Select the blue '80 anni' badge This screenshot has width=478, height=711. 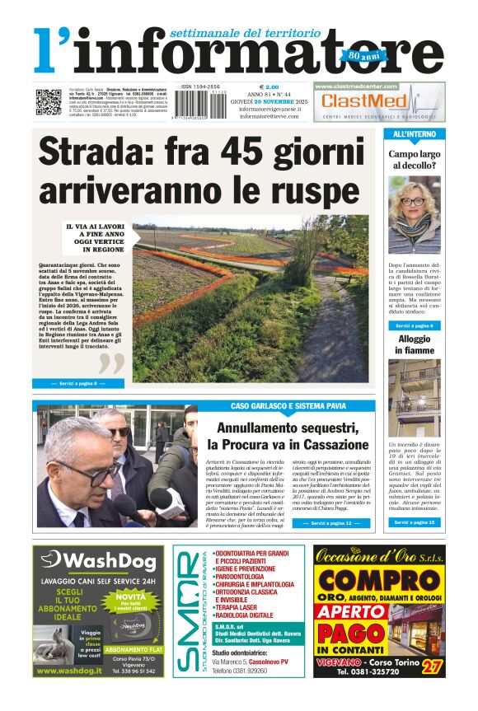click(x=352, y=56)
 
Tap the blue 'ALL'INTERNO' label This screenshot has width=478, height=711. click(x=415, y=133)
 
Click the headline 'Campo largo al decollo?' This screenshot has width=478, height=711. click(x=415, y=160)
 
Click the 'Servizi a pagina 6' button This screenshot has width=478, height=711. click(x=415, y=325)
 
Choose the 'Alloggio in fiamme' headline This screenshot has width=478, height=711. click(x=415, y=344)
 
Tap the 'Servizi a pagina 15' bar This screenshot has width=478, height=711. click(x=415, y=522)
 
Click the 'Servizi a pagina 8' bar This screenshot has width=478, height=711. click(x=77, y=383)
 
